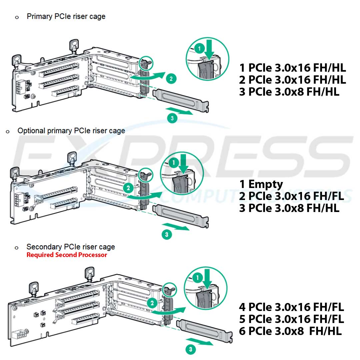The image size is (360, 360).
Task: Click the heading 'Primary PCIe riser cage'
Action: click(x=66, y=16)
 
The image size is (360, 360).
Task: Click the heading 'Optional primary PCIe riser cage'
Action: click(x=71, y=131)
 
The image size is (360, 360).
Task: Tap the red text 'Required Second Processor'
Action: click(x=67, y=255)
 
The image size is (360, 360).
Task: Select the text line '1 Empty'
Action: click(x=261, y=184)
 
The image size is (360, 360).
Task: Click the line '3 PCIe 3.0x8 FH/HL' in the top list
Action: click(x=289, y=92)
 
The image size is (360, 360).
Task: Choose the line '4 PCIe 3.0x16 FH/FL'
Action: click(x=291, y=307)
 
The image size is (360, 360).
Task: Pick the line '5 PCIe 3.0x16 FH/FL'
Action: click(x=291, y=319)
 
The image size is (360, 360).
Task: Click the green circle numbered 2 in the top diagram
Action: click(x=171, y=79)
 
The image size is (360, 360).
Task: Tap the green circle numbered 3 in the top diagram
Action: click(x=172, y=118)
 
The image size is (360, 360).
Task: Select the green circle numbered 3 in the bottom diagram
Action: click(x=190, y=349)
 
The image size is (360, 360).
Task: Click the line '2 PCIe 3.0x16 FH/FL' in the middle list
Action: click(x=291, y=196)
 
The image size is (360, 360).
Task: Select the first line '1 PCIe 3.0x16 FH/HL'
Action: click(x=292, y=68)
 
